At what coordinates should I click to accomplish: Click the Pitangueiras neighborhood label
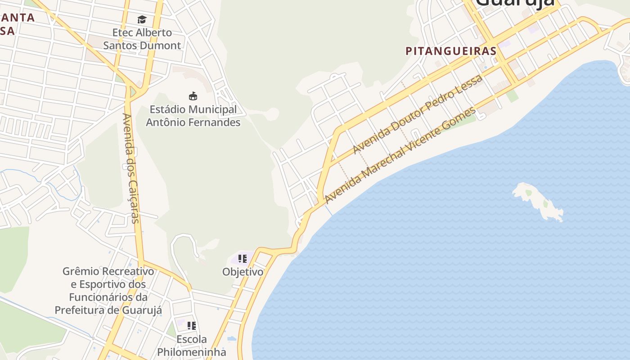tap(451, 51)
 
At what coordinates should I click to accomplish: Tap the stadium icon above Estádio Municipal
tap(193, 96)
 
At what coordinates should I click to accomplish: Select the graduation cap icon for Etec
tap(142, 19)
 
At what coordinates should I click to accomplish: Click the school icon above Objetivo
tap(243, 259)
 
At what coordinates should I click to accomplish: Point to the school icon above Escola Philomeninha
tap(192, 325)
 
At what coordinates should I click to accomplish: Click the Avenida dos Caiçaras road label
tap(130, 167)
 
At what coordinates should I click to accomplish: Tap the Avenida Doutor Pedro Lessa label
tap(417, 114)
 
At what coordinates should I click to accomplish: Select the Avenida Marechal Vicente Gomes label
tap(400, 155)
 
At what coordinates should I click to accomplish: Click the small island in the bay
tap(538, 201)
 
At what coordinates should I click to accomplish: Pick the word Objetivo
tap(243, 272)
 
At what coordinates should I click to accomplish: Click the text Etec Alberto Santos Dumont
tap(142, 39)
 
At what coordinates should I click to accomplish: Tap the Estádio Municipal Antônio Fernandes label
tap(193, 116)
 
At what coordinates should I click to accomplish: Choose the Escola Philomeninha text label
tap(191, 345)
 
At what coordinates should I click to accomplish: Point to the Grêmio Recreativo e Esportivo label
tap(108, 291)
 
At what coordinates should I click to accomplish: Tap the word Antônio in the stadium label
tap(170, 122)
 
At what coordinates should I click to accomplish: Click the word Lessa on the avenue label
tap(470, 85)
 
